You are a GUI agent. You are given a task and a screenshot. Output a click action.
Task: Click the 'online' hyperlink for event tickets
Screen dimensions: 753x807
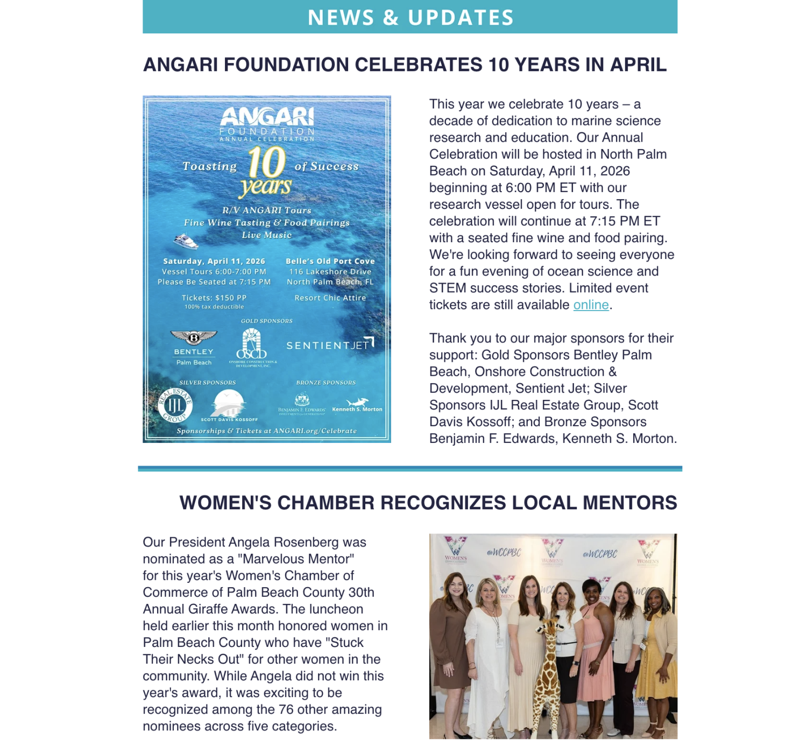(x=591, y=305)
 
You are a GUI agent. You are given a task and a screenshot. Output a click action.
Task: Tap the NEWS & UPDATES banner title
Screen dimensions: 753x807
(x=410, y=17)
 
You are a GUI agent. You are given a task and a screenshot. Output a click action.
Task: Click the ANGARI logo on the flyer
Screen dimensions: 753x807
(x=267, y=117)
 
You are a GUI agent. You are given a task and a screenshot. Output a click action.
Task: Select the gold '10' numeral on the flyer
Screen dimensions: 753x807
(x=266, y=162)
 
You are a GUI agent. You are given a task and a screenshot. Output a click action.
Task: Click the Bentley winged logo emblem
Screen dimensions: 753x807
(x=194, y=337)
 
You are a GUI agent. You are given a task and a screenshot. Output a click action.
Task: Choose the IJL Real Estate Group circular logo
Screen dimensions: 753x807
(x=175, y=405)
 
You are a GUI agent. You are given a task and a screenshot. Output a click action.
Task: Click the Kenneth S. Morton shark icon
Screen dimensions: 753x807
(x=357, y=402)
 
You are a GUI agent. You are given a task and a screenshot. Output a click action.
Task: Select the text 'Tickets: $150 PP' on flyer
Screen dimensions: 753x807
(x=214, y=298)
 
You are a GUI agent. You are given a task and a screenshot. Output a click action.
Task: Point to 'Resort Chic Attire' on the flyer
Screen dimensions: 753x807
(x=330, y=298)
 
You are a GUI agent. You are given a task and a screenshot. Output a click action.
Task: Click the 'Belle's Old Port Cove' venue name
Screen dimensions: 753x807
(x=330, y=261)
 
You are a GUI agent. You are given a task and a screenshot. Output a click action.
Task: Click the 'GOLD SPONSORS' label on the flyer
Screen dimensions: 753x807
(x=266, y=321)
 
